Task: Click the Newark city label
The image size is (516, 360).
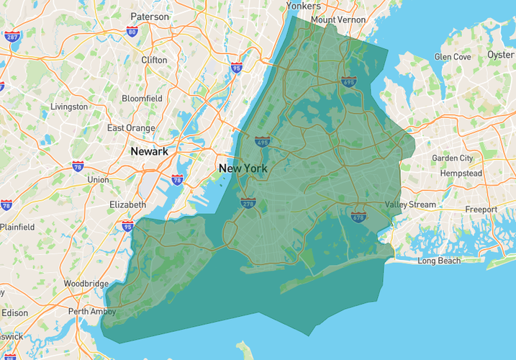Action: coord(149,152)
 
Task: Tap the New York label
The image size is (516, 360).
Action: coord(243,168)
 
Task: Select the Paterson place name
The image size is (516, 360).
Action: coord(150,16)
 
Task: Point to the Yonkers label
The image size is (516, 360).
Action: coord(303,6)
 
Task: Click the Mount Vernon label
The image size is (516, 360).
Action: coord(338,19)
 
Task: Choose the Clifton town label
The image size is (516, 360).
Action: coord(155,60)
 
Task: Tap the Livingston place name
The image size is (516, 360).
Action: coord(69,107)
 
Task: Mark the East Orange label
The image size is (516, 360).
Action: coord(131,128)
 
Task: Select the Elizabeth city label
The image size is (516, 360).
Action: coord(127,204)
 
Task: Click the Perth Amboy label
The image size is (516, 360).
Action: coord(92,312)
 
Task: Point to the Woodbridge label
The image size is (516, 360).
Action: coord(86,284)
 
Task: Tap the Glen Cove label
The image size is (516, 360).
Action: coord(453,57)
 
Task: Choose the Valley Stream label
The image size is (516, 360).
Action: coord(410,204)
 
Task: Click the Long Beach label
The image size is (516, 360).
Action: coord(439,261)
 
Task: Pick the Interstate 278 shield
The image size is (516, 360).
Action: coord(248,204)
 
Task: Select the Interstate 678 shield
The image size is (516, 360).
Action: coord(358,216)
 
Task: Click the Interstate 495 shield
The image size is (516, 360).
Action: coord(262,143)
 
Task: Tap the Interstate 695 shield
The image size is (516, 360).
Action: coord(349,82)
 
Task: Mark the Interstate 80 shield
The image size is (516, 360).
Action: coord(132,32)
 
